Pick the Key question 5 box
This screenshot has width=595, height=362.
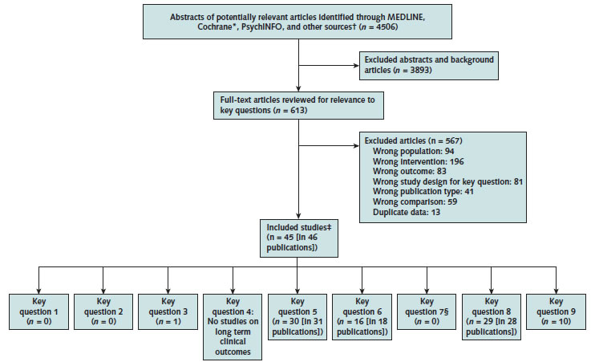tap(297, 316)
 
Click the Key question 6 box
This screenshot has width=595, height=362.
tap(362, 316)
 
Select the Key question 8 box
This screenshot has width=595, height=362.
tap(492, 316)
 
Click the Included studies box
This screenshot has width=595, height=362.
tap(297, 238)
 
